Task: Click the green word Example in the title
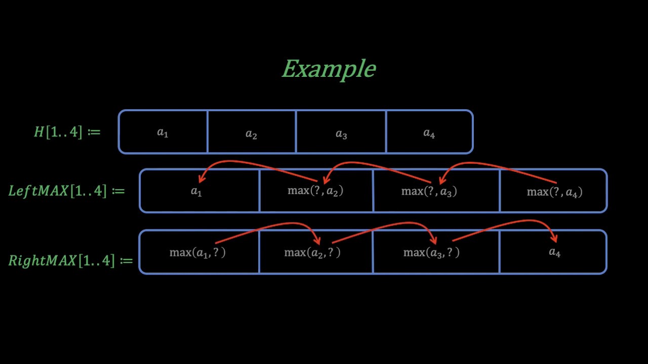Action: [x=329, y=69]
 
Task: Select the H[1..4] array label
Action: [x=67, y=132]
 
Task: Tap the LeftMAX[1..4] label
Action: [x=66, y=191]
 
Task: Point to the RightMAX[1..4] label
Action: [x=70, y=260]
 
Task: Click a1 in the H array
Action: [x=163, y=133]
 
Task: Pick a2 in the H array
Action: [x=251, y=134]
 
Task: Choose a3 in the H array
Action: [x=341, y=134]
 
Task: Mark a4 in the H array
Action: [x=429, y=133]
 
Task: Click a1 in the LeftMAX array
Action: [x=196, y=191]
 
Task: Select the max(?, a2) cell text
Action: [x=315, y=191]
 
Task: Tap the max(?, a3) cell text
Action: [x=429, y=191]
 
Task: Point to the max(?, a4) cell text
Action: [x=554, y=192]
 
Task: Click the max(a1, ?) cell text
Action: [x=197, y=252]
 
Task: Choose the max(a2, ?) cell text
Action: [x=312, y=252]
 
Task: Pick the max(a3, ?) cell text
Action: [x=431, y=252]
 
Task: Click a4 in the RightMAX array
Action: [x=555, y=252]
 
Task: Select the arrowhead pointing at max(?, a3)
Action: [x=441, y=179]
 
